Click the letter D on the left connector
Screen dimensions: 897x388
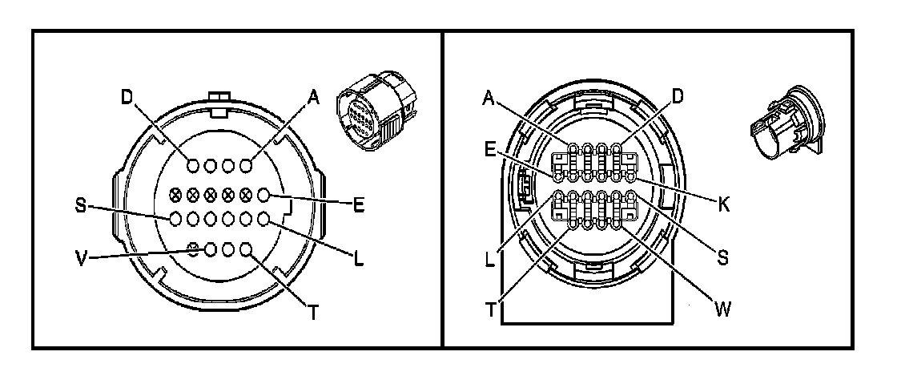pos(127,97)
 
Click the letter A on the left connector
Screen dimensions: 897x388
pos(313,98)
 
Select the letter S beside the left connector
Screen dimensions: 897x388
pos(81,205)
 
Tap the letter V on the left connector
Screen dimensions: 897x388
pos(83,259)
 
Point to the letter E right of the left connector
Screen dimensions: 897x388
pos(359,204)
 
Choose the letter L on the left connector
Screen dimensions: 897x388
pos(359,259)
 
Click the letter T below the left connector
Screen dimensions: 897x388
pos(313,313)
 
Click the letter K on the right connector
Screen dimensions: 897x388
pos(724,205)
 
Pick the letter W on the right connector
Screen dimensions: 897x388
pos(723,309)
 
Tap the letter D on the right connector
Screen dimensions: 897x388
pos(678,97)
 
